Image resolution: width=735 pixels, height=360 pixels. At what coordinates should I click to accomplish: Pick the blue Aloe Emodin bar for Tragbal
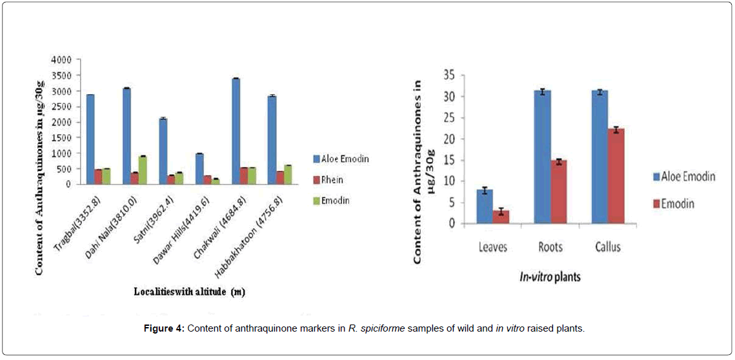click(90, 139)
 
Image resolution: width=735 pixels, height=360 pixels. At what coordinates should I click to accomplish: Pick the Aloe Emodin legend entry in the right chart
click(683, 177)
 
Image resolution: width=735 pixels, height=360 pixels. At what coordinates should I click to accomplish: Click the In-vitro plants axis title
click(550, 277)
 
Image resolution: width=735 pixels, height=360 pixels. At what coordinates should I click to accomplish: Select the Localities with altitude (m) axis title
click(189, 292)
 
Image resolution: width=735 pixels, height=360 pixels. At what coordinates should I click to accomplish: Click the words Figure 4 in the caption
click(165, 328)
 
